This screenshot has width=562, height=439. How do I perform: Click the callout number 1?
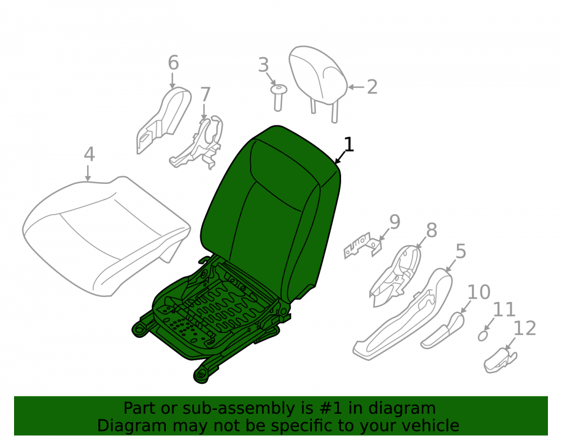(x=348, y=144)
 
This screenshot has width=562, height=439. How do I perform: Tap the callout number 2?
(x=373, y=87)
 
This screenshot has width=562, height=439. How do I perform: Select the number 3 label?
(x=264, y=65)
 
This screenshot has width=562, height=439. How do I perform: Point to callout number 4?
(x=89, y=154)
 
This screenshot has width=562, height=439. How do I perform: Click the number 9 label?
(x=395, y=222)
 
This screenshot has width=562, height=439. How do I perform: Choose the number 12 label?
(x=525, y=328)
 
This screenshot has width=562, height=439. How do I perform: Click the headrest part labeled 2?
(x=318, y=80)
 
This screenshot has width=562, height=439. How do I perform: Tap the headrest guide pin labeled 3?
(x=278, y=98)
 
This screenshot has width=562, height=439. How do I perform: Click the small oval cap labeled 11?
(x=483, y=336)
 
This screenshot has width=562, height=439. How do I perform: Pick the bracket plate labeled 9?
(x=362, y=246)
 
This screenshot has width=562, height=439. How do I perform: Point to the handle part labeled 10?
(x=443, y=331)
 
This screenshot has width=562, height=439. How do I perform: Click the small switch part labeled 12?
(x=500, y=361)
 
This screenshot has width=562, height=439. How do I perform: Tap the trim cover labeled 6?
(x=164, y=120)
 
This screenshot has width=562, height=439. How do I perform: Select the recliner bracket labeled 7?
(x=198, y=143)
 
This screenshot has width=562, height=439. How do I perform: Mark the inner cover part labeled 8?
(x=396, y=275)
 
